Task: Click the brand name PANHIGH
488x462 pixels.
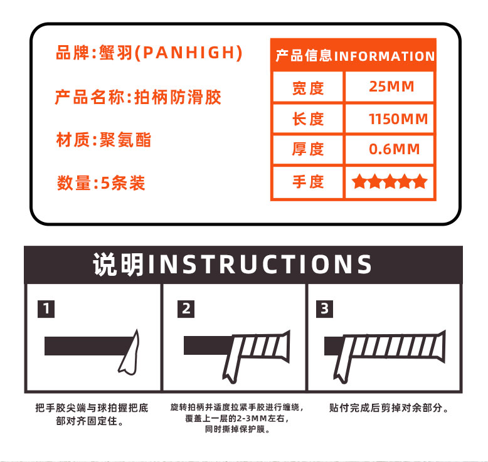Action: click(x=189, y=52)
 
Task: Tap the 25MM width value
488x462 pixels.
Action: click(x=391, y=87)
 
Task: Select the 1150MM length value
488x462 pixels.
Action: click(x=398, y=119)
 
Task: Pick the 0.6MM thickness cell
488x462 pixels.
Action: click(x=395, y=149)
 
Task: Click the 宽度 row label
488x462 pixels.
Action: click(x=308, y=88)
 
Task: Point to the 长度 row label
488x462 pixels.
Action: click(x=308, y=119)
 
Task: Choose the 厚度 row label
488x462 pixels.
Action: click(x=308, y=149)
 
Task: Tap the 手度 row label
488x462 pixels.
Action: click(x=308, y=181)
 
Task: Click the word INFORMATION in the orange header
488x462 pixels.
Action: click(x=385, y=56)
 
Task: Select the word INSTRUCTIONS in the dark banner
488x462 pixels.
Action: click(x=260, y=265)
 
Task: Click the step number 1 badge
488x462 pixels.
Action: click(x=46, y=309)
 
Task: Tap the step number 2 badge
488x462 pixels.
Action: click(x=186, y=309)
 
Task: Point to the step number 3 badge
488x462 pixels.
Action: click(x=325, y=309)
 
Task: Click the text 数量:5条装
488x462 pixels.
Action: click(x=101, y=183)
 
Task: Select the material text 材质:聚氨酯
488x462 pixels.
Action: click(x=103, y=140)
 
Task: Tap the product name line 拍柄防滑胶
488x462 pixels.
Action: click(x=178, y=97)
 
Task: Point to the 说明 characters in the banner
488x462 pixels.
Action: click(x=119, y=265)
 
